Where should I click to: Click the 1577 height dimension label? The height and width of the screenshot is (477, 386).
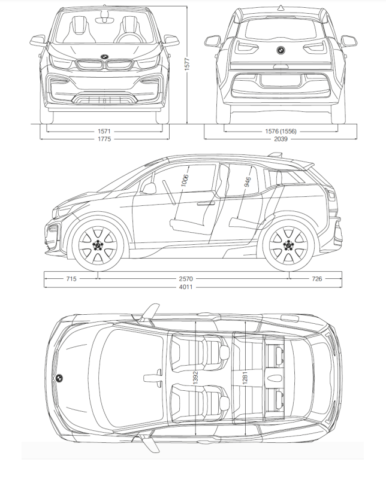pos(187,65)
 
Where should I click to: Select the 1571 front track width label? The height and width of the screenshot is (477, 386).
pos(104,132)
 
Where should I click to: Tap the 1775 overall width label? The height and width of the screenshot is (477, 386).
pos(104,139)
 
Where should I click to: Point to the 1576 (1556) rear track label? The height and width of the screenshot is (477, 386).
pos(281,132)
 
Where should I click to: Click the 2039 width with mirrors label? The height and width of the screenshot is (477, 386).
pos(281,139)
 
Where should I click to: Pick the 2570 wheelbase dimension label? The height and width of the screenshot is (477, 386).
pos(186,279)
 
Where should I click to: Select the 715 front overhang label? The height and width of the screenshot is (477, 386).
pos(71,279)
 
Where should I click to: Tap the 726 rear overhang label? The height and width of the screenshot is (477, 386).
pos(317,279)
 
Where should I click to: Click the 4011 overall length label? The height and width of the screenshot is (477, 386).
pos(186,287)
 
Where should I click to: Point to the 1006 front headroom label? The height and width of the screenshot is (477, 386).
pos(185,180)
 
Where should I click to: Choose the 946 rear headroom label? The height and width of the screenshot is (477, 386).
pos(248,182)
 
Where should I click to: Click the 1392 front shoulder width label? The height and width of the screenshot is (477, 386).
pos(195,378)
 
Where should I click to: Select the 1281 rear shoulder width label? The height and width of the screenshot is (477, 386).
pos(245,378)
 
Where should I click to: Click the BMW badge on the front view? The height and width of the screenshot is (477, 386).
pos(104,57)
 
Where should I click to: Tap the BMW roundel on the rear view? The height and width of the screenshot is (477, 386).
pos(281,50)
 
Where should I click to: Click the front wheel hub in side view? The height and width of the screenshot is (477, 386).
pos(98,245)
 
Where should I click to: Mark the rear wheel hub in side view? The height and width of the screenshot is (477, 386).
pos(288,244)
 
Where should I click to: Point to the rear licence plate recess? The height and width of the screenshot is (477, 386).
pos(281,80)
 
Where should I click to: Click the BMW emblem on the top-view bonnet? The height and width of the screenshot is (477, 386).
pos(59,378)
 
